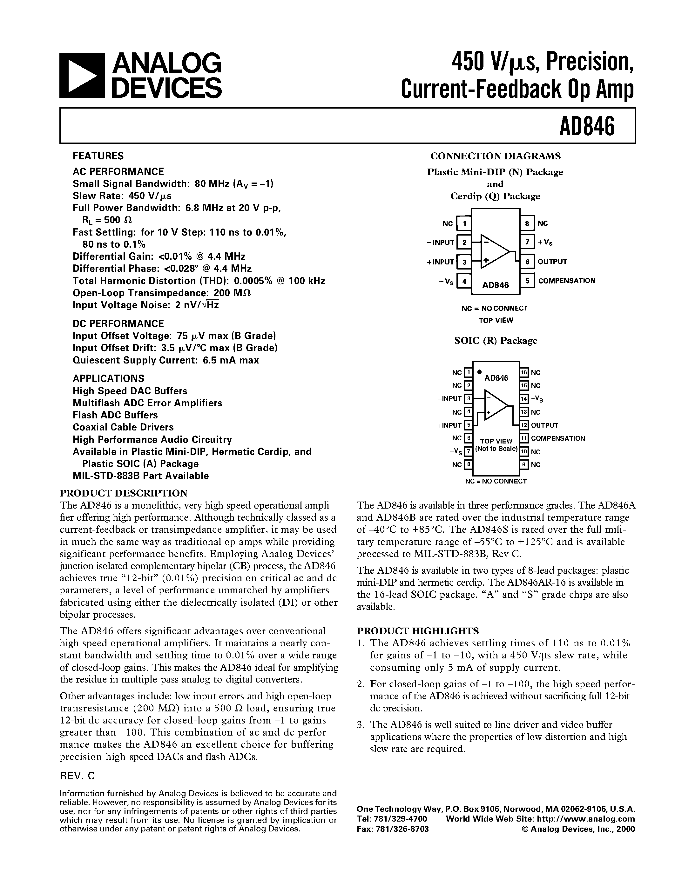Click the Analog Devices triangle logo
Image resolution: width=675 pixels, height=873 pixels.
[82, 76]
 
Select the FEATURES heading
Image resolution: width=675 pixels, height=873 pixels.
[98, 156]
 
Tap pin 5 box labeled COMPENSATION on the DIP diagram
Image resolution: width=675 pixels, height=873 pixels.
[527, 281]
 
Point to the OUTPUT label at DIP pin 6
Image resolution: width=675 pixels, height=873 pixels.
[552, 262]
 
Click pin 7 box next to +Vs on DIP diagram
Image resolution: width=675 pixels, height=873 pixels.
[527, 242]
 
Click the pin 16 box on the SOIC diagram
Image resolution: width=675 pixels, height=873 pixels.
[524, 373]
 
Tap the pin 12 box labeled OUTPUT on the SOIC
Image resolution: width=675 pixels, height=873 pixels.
[524, 425]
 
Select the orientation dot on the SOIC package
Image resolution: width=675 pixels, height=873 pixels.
[479, 371]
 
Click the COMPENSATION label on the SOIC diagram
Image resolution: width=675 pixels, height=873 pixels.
[558, 438]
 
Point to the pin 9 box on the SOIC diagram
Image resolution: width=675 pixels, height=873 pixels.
[524, 464]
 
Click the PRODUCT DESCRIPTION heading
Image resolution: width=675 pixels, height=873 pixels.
[124, 493]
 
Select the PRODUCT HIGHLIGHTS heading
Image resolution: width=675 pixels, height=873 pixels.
[417, 631]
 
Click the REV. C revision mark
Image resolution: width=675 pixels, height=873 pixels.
[77, 776]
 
